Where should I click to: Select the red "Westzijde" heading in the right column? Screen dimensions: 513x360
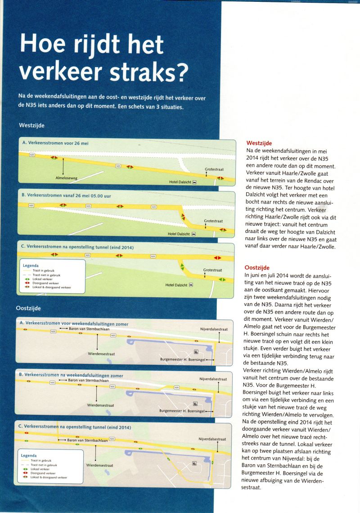pos(259,143)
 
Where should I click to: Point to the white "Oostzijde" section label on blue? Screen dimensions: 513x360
pos(28,309)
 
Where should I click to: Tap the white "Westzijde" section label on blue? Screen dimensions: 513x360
pos(31,125)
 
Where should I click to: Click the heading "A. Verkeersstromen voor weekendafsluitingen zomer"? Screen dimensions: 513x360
pos(73,323)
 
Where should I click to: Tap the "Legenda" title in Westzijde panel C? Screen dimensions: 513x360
pos(31,266)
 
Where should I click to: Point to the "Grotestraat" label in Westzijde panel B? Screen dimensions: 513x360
pos(213,221)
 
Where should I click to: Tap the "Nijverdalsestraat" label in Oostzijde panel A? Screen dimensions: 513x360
pos(214,329)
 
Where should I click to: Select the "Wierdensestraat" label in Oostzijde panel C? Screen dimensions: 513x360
pos(99,465)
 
